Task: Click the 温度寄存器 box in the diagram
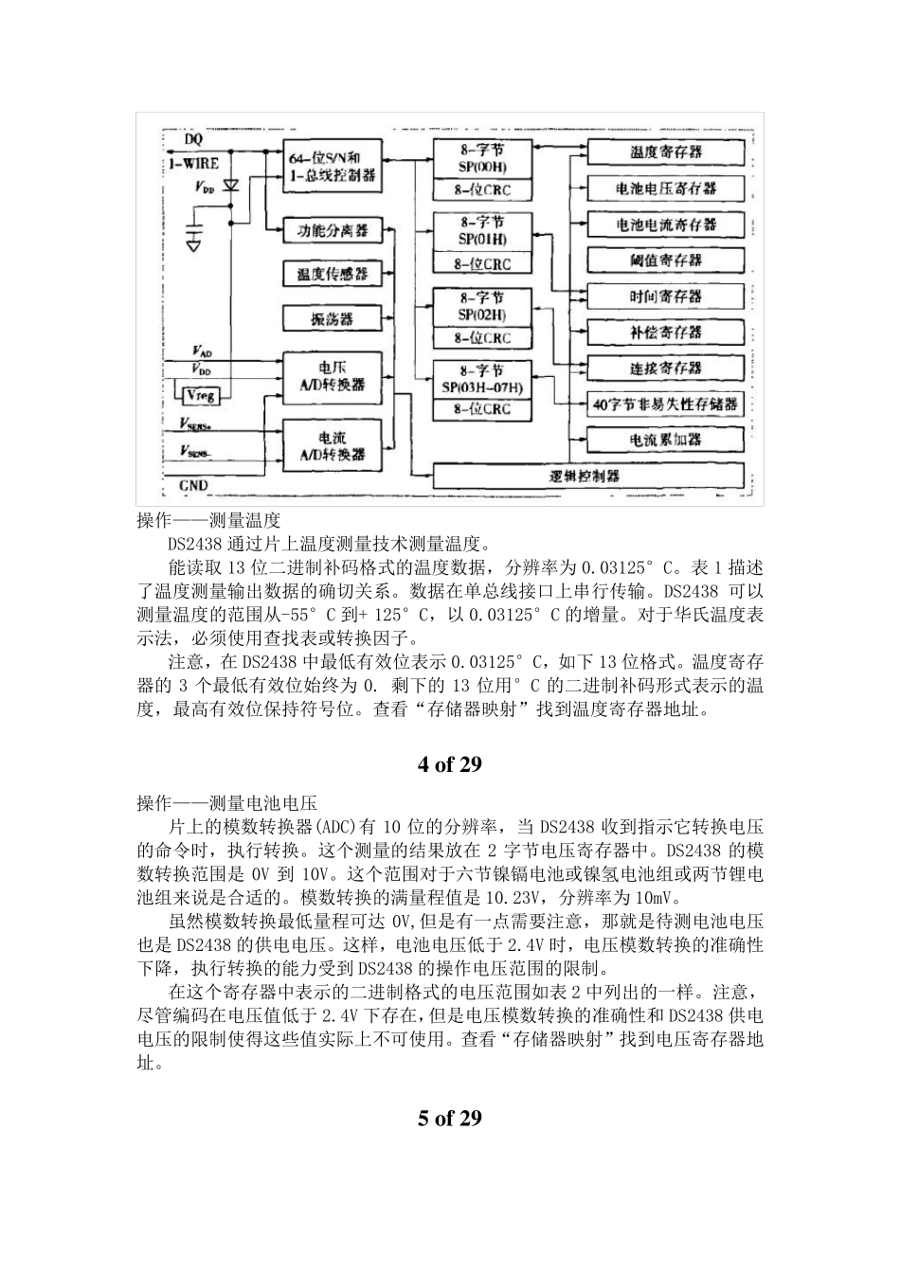click(665, 152)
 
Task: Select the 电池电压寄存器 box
click(665, 188)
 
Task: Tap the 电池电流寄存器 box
click(665, 224)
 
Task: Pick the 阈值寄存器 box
click(665, 260)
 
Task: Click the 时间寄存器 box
click(665, 296)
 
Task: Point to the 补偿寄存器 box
click(665, 332)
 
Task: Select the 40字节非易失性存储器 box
click(665, 403)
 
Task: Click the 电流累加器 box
click(665, 439)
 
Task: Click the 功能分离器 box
click(332, 231)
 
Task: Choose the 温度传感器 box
click(332, 274)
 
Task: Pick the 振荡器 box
click(332, 318)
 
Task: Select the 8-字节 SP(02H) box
click(482, 307)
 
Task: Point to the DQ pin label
click(193, 140)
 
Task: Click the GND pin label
click(193, 486)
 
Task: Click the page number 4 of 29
click(450, 764)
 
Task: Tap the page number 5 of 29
click(450, 1118)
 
